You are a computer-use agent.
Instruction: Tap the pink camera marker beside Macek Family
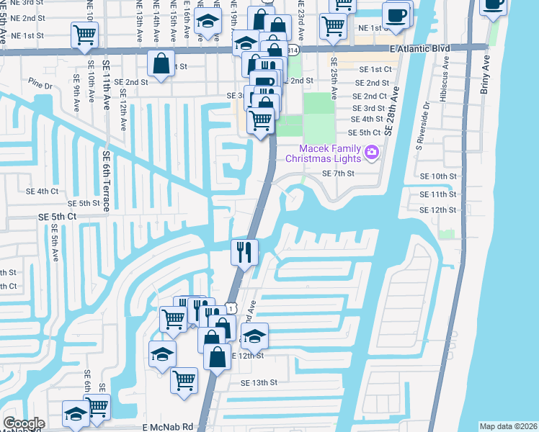point(372,151)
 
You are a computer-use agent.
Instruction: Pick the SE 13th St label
point(259,382)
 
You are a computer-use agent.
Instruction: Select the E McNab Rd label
point(167,426)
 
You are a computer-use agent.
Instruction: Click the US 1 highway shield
point(230,307)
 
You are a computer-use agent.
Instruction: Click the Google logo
point(24,423)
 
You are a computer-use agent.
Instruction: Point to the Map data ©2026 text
point(507,426)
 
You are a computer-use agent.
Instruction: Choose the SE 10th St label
point(438,176)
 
